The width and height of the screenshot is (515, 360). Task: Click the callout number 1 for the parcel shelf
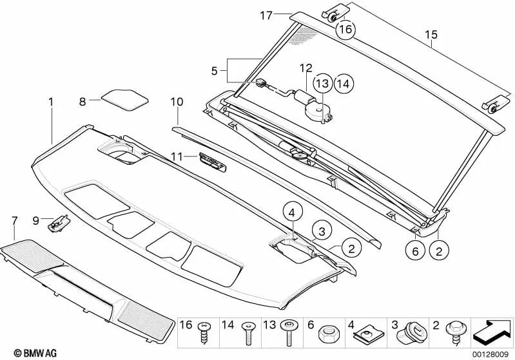(50, 101)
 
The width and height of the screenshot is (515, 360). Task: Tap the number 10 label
(177, 102)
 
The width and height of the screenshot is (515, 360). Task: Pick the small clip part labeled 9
(59, 223)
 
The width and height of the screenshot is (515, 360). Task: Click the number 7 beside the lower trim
(14, 222)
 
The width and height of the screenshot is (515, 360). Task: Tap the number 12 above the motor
(304, 68)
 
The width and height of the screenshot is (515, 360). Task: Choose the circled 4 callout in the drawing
(291, 211)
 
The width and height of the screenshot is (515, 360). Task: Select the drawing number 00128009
(492, 353)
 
